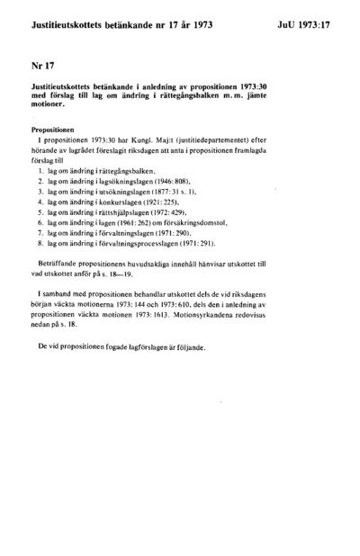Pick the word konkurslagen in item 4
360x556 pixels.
coord(114,205)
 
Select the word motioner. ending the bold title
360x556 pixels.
coord(51,110)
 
